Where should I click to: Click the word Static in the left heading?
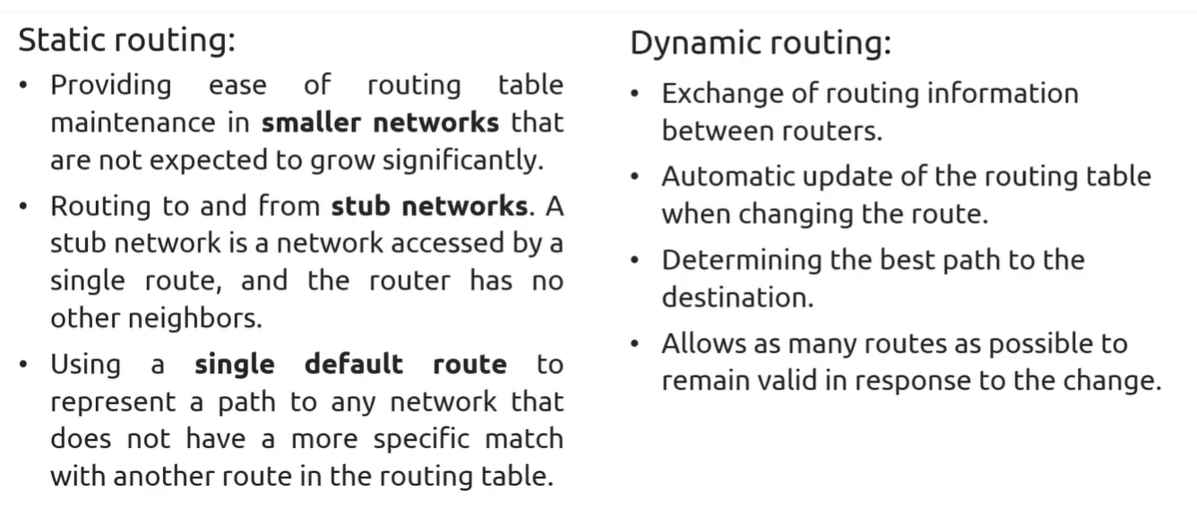click(x=61, y=39)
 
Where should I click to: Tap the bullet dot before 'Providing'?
click(x=23, y=85)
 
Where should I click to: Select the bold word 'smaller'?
click(x=311, y=123)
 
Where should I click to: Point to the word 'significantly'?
click(x=463, y=160)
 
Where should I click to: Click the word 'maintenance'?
click(x=133, y=123)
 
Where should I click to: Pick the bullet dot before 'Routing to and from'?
click(x=23, y=206)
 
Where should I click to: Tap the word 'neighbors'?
click(x=195, y=318)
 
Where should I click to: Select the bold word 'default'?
click(x=354, y=365)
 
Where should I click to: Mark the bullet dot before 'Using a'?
click(x=23, y=365)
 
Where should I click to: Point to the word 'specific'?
click(x=421, y=440)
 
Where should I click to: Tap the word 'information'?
click(x=1003, y=93)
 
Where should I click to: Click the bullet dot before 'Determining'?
click(x=634, y=261)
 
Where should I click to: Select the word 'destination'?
click(x=737, y=297)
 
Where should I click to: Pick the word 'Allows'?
click(x=703, y=343)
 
